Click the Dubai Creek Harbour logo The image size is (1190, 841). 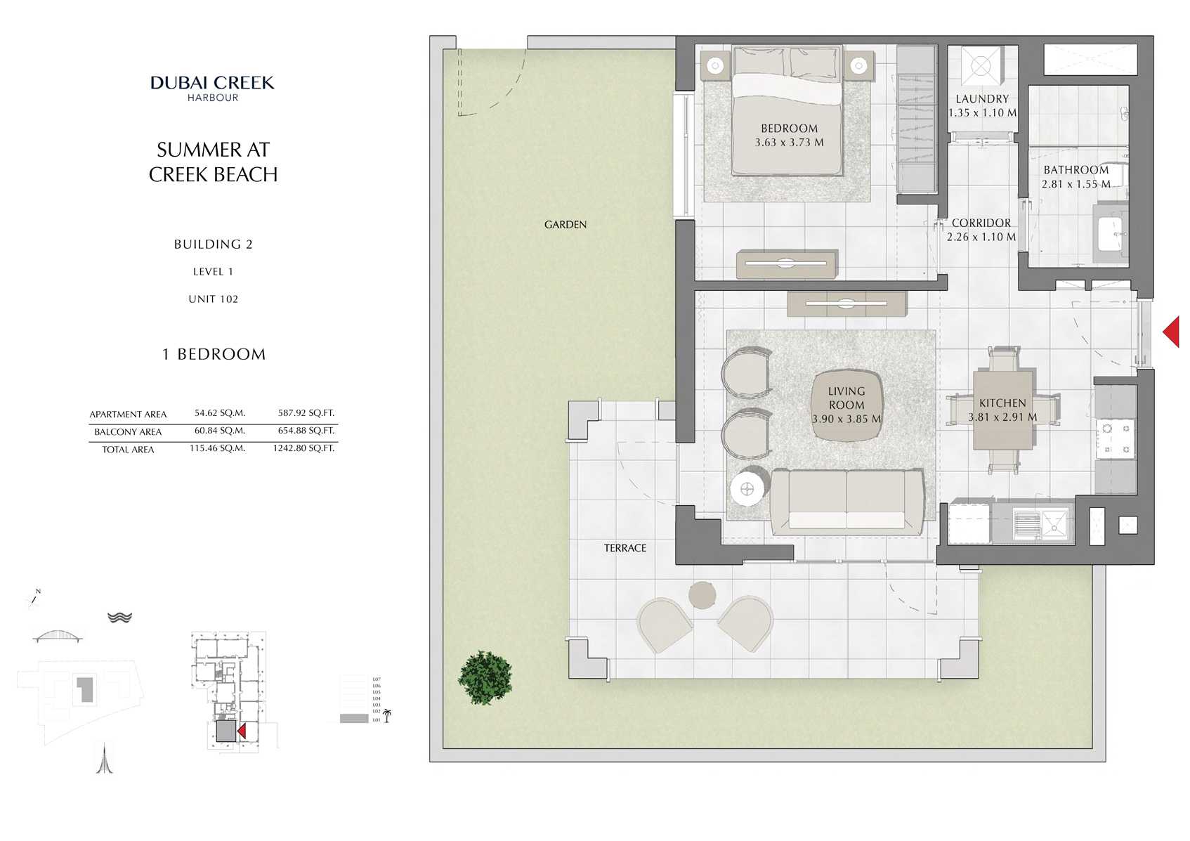click(x=212, y=88)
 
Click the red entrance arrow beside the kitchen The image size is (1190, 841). click(x=1171, y=332)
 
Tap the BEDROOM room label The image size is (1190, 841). click(x=789, y=129)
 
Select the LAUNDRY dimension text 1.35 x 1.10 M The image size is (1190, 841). click(x=982, y=112)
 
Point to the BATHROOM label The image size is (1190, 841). click(x=1075, y=170)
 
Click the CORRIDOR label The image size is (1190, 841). click(x=981, y=223)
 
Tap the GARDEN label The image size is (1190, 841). click(x=565, y=225)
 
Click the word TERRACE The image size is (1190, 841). click(x=625, y=548)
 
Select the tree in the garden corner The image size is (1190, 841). click(x=485, y=677)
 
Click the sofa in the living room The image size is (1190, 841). click(x=846, y=502)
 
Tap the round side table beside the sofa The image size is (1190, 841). click(x=747, y=489)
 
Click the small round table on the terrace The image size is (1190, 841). click(x=702, y=595)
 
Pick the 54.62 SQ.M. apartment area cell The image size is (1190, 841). click(x=220, y=413)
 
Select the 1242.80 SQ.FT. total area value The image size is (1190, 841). click(x=303, y=448)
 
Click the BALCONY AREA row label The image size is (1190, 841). click(x=128, y=431)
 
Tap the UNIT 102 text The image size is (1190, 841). click(x=213, y=299)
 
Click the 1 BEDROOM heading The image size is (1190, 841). click(x=214, y=354)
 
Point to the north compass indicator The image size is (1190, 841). click(x=33, y=597)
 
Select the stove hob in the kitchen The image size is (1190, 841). click(x=1116, y=438)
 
